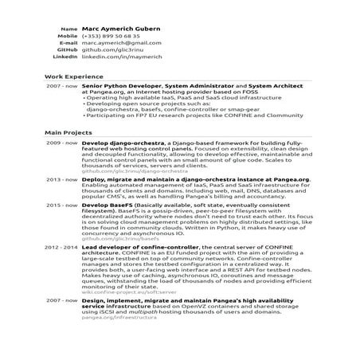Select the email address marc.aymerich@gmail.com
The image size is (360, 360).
click(x=121, y=44)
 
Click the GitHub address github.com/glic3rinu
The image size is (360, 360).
click(x=114, y=51)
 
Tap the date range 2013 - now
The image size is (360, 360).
click(x=61, y=179)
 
